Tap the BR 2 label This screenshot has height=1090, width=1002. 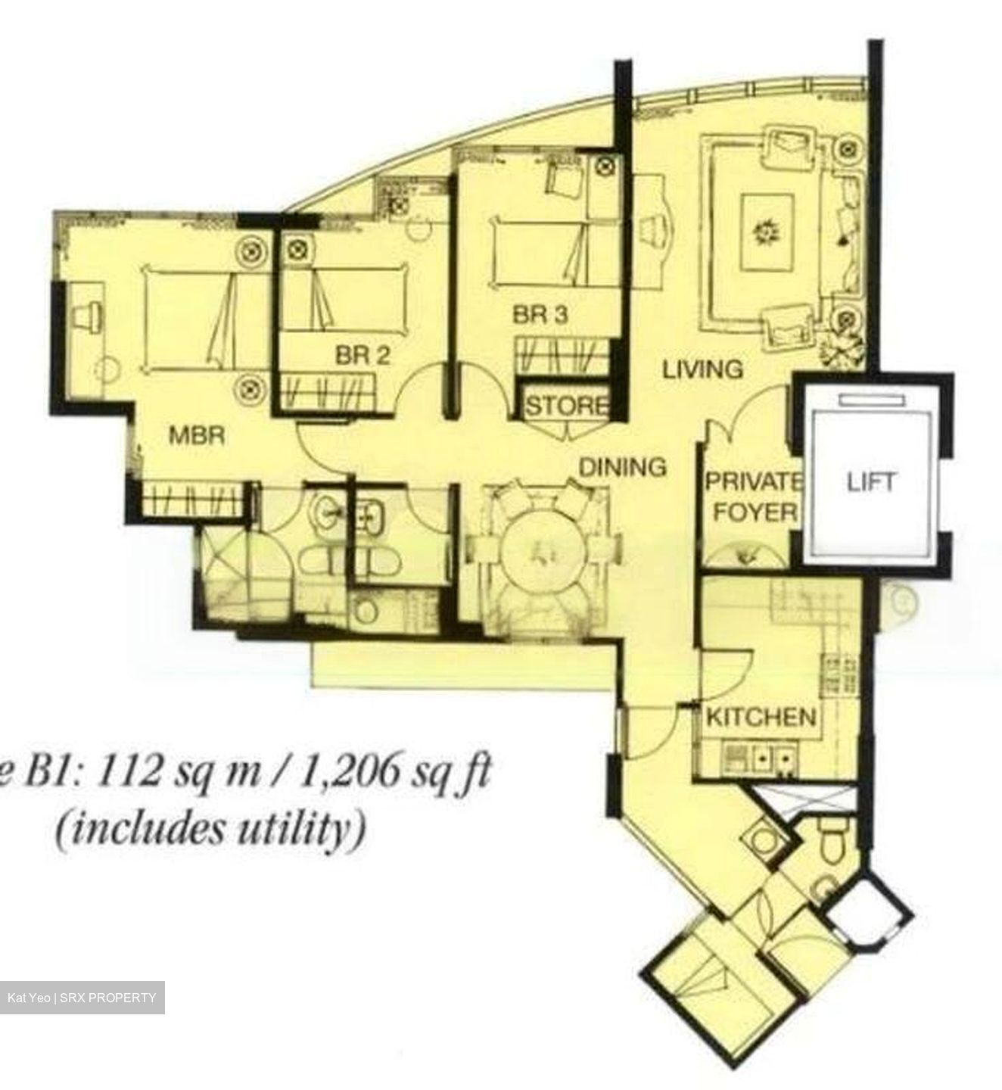point(363,355)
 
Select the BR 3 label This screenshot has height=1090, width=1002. point(540,314)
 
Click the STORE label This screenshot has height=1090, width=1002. point(566,406)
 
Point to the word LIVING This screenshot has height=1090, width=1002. point(702,369)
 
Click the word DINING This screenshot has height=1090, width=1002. point(622,467)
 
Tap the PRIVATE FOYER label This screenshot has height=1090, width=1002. point(754,497)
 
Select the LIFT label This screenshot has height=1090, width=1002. point(870,482)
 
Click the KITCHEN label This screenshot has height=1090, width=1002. point(761,716)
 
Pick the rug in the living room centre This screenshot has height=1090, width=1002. point(767,232)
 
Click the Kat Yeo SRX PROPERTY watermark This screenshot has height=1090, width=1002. point(82,998)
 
